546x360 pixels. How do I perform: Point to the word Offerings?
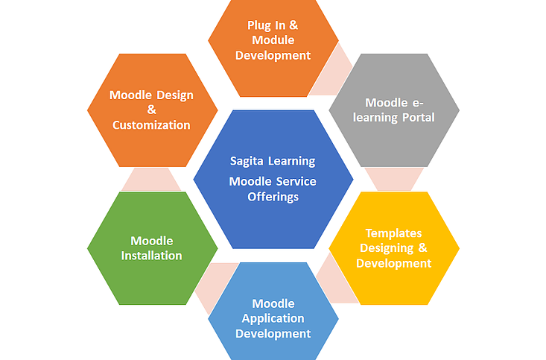273,197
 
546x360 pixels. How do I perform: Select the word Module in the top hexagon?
273,40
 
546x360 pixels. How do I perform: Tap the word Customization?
152,125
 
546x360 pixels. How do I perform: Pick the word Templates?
393,233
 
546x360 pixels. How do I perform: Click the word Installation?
152,256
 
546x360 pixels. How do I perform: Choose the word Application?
273,318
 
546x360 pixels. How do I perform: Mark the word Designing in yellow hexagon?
388,248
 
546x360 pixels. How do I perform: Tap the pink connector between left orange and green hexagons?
152,179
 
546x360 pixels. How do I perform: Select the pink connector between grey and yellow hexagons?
393,179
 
